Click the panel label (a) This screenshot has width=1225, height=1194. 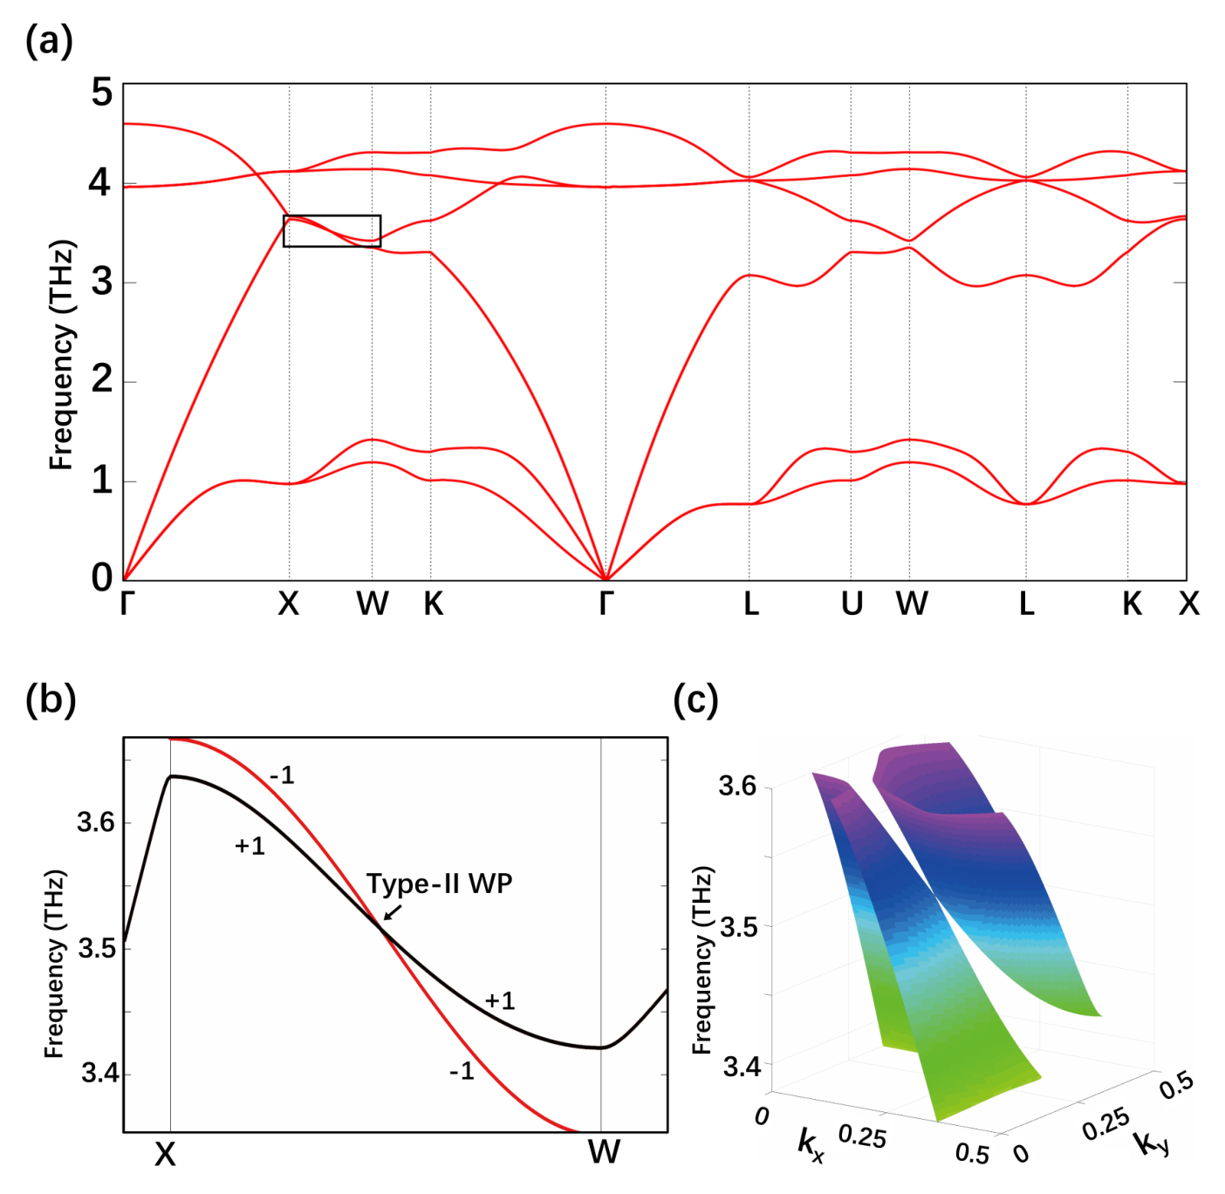(x=49, y=43)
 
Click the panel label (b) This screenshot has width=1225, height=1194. (x=51, y=700)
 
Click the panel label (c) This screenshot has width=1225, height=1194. (x=696, y=700)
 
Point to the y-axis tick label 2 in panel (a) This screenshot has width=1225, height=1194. (x=102, y=380)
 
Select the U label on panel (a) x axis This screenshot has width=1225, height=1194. (x=852, y=604)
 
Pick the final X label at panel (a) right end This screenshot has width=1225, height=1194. (x=1188, y=604)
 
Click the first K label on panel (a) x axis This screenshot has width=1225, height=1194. (x=433, y=604)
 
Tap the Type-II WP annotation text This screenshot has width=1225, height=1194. (x=440, y=883)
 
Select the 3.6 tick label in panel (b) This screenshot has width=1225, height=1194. (x=96, y=822)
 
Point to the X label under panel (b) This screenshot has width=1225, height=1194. (x=166, y=1154)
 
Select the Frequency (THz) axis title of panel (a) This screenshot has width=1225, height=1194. (x=61, y=355)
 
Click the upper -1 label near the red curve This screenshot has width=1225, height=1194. (x=282, y=776)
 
